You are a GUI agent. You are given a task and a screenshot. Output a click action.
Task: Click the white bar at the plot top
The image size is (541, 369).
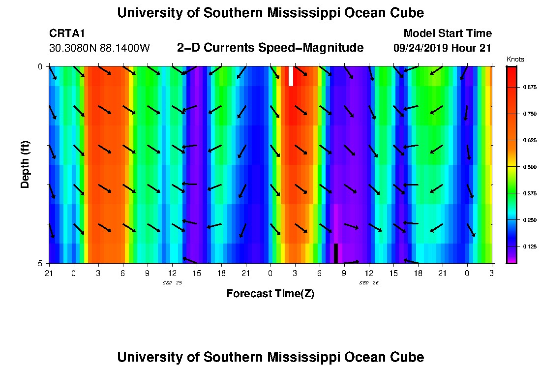[291, 76]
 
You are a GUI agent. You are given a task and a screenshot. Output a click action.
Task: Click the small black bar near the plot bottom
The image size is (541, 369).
[336, 253]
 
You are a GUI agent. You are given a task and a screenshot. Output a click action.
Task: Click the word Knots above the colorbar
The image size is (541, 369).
[515, 60]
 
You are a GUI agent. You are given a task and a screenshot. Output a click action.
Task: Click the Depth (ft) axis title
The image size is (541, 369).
[25, 164]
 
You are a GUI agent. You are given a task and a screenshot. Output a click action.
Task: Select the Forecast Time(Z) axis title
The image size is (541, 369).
[270, 294]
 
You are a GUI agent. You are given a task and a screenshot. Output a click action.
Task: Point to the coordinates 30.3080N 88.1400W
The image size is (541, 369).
[100, 48]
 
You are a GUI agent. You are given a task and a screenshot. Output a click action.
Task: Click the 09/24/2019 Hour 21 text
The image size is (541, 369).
[443, 48]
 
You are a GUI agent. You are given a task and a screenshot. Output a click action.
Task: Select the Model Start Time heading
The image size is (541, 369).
[448, 33]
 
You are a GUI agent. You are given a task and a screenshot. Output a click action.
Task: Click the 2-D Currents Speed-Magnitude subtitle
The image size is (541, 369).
[270, 48]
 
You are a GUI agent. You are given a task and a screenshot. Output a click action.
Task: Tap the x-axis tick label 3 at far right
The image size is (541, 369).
[492, 273]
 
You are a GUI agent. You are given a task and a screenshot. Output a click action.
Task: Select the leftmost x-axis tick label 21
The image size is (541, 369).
[49, 273]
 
